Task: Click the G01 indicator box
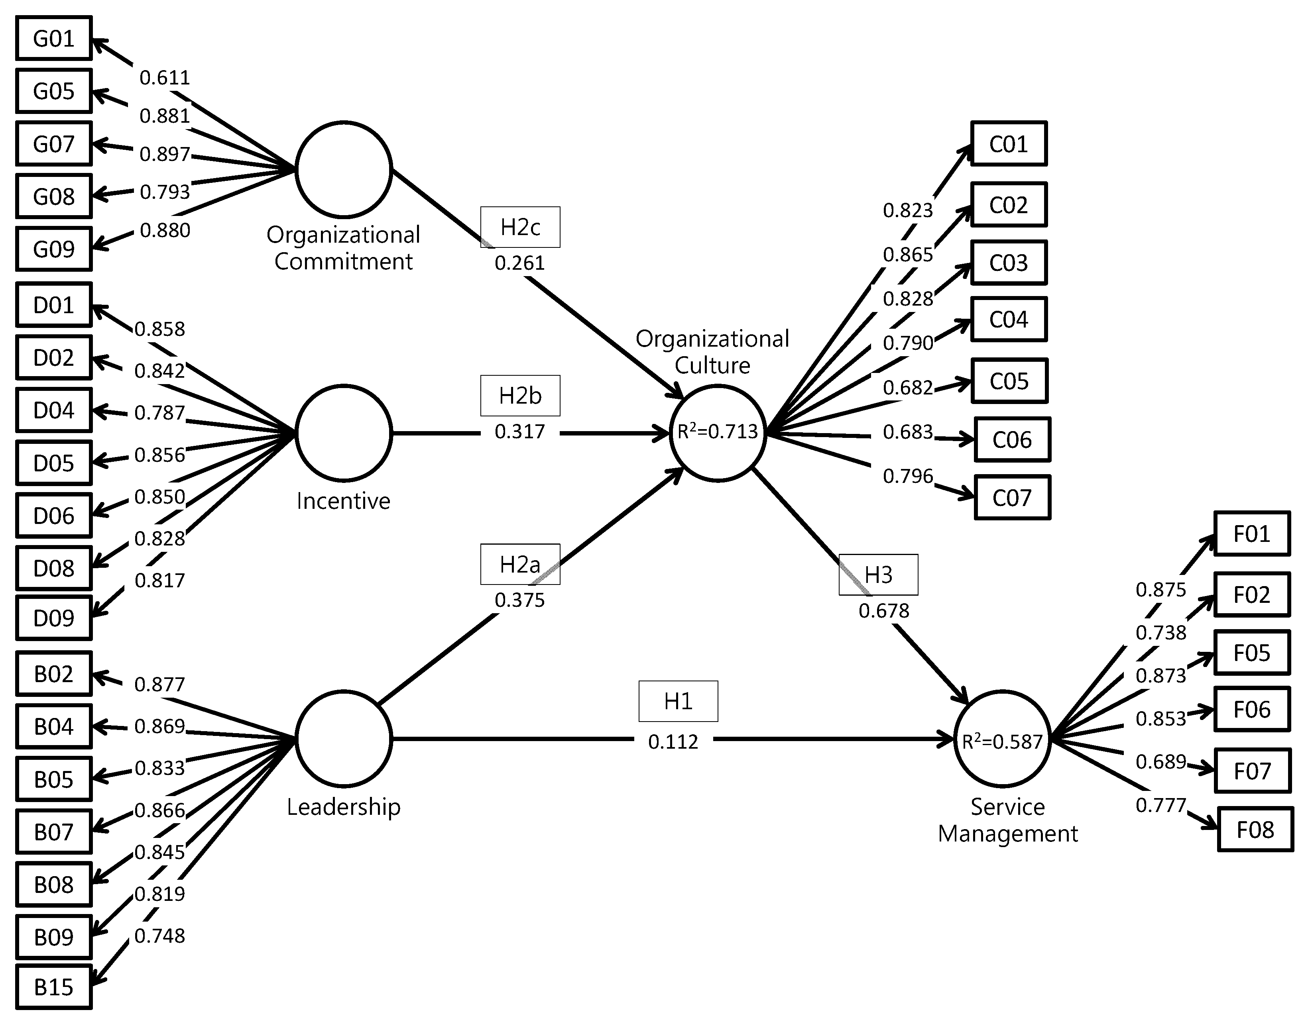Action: pos(54,38)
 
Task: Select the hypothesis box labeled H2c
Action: pos(520,227)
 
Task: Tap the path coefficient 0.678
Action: pos(883,611)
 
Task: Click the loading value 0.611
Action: pos(165,78)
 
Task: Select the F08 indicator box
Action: pos(1255,829)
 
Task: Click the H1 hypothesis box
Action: pos(678,701)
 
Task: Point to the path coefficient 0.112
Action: pos(673,742)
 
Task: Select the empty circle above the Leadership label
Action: pos(344,738)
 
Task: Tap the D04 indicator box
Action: pos(54,410)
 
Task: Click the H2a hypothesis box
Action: pos(520,564)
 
